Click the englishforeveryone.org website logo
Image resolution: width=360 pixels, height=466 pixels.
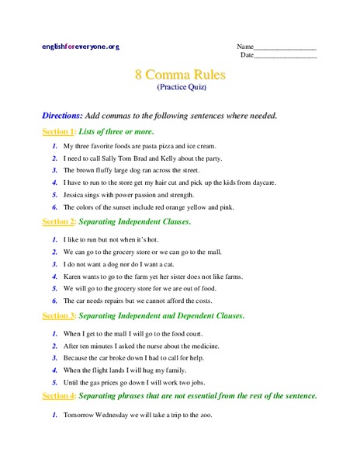pos(81,47)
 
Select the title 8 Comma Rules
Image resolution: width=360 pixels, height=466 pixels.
pos(180,75)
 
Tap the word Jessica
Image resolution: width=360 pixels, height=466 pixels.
pos(75,195)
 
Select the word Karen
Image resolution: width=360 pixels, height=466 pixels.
pos(73,276)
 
